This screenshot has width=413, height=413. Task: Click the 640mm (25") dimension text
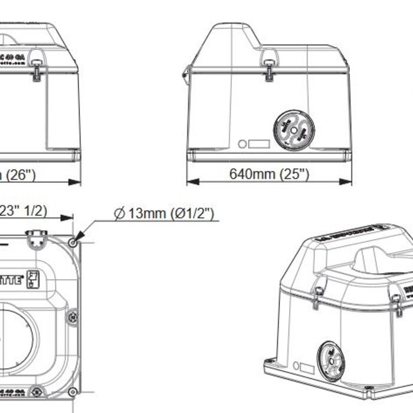268,174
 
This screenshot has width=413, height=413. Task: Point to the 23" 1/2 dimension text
24,211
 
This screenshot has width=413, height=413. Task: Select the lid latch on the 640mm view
269,67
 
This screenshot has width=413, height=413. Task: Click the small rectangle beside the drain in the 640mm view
258,143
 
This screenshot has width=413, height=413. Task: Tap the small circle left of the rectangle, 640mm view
242,143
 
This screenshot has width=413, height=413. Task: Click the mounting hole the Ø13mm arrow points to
73,242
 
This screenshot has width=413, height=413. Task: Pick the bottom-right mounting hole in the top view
73,392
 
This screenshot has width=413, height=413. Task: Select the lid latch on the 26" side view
37,68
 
